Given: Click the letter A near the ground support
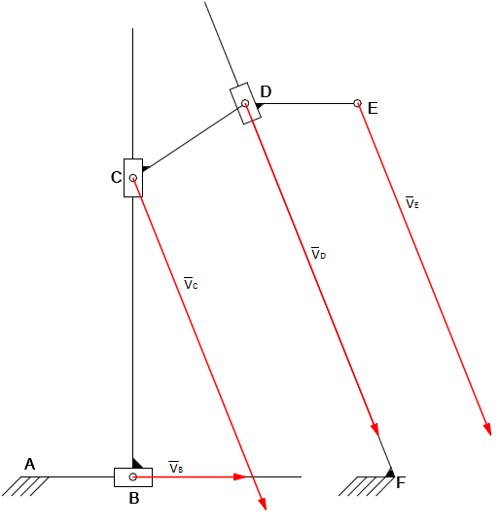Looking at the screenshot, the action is pos(29,465).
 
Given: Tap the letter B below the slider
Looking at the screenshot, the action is pos(134,498).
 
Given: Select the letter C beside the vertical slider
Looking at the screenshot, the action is pos(116,177).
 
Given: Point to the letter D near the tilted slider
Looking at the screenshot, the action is pos(266,91).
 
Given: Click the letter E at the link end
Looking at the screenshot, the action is pos(373,109).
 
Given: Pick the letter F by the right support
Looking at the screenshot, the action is pos(401,483).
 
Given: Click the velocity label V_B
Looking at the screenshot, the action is pos(176,467).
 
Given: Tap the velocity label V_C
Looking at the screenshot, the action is pos(191,284).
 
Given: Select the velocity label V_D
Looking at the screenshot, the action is pos(318,253).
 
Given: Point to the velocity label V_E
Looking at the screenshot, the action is pos(412,202).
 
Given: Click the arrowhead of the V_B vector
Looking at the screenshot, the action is pos(240,476).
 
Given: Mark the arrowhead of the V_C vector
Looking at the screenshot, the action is pos(263,504).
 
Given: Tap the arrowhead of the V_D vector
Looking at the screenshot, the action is pos(375,430).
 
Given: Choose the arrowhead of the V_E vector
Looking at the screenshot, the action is pos(487,429).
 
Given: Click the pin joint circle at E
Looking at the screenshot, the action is pos(357,103).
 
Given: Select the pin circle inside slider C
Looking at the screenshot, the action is pos(133,178).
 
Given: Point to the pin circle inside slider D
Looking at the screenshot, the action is pos(245,103).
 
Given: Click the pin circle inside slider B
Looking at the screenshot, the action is pos(133,476).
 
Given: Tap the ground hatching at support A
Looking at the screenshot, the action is pos(25,486).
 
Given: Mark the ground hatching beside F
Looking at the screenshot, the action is pos(367,486).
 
